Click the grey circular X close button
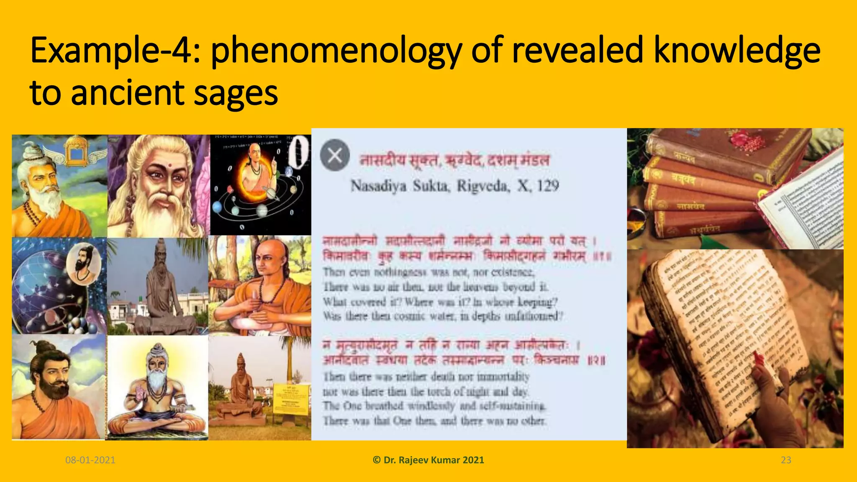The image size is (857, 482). coord(335,155)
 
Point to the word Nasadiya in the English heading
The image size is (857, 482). coord(378,186)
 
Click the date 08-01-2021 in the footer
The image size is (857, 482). coord(90,460)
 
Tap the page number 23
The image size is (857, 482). coord(786,460)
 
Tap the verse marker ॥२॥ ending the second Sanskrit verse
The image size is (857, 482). coord(597,361)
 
